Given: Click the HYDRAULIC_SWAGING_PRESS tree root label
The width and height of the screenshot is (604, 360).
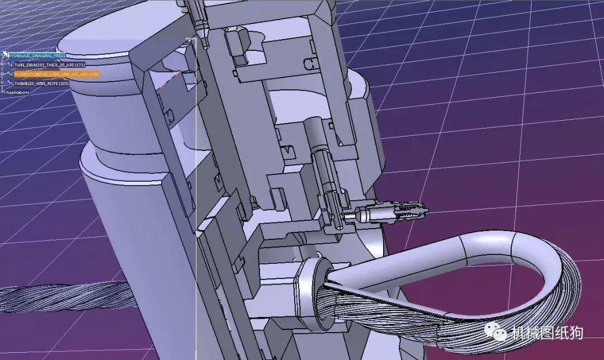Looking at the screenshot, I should pyautogui.click(x=37, y=55).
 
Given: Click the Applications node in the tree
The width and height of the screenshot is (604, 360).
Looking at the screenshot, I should pyautogui.click(x=17, y=92).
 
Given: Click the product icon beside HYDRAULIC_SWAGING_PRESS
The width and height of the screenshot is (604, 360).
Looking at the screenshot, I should pyautogui.click(x=5, y=55).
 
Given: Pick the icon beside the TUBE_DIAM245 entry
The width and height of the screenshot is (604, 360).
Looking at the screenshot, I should pyautogui.click(x=10, y=65).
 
